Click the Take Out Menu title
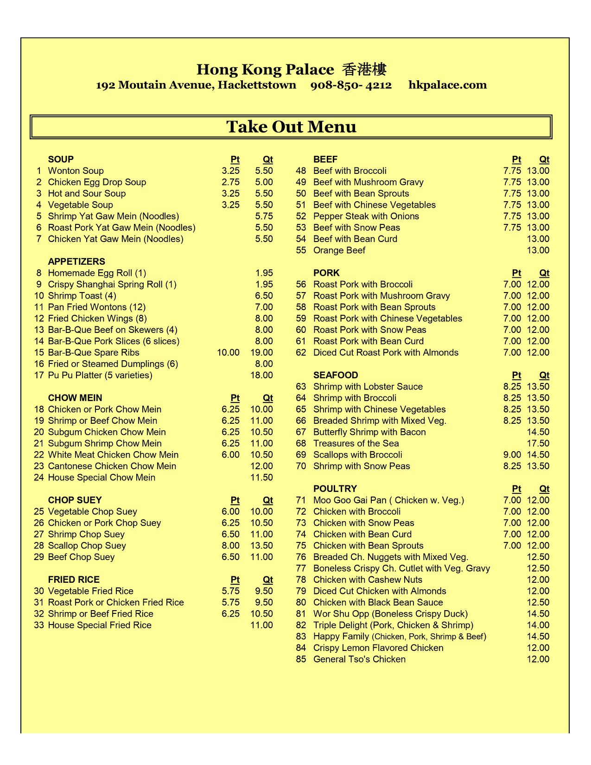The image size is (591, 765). coord(291,127)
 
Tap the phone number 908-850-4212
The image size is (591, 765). coord(351,85)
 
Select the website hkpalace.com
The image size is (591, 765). coord(447,85)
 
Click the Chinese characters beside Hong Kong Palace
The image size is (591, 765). coord(364,70)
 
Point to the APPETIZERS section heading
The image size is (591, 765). coord(76,261)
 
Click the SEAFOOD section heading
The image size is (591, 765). coord(336,375)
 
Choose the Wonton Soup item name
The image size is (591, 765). coord(76,171)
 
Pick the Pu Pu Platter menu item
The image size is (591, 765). coord(100,375)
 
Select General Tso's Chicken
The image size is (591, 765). coord(359,659)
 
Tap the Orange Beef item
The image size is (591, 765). coord(339,250)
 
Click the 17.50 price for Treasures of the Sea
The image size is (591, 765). coord(538,443)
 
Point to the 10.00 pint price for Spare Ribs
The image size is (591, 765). coord(228,352)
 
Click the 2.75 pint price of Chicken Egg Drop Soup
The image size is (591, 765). coord(230,182)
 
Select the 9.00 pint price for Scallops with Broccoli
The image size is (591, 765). coord(512,455)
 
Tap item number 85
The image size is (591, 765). coord(301,659)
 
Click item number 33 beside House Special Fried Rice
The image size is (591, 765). coord(38,625)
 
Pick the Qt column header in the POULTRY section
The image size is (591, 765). coord(544,489)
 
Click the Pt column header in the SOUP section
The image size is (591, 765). coord(235,159)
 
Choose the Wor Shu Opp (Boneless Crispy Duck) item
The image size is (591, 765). coord(390,614)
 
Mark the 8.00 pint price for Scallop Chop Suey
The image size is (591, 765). coord(230,546)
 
